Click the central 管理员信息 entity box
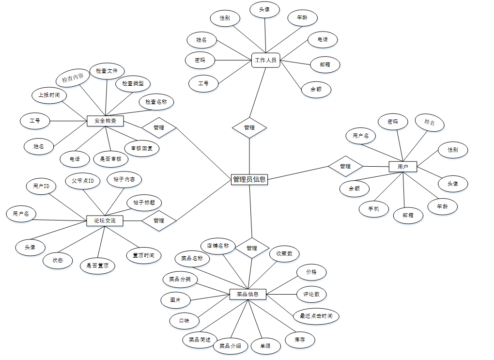249,179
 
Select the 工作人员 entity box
265,60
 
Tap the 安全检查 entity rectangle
105,121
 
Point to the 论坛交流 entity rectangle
105,221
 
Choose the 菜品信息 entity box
247,294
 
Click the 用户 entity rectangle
403,167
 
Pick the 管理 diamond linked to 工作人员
249,128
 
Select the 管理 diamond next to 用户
345,166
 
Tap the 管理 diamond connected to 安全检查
158,128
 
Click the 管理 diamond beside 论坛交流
158,220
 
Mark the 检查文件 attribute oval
107,71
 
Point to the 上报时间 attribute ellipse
49,95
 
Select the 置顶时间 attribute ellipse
144,255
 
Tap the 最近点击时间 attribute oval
316,316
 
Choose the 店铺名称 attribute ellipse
218,246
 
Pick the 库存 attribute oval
300,340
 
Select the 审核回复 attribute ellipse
141,148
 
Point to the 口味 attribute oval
185,320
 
